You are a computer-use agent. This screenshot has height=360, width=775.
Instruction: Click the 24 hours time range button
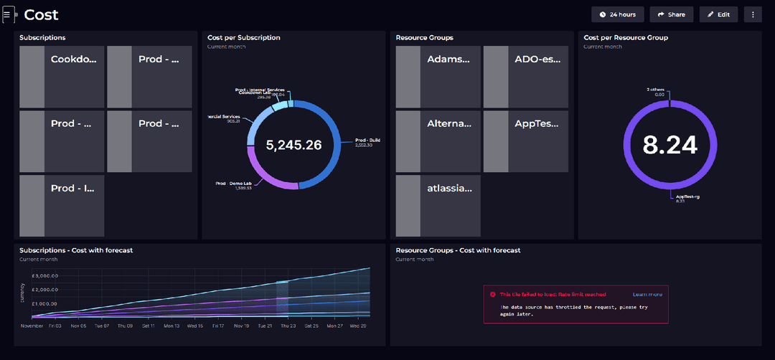[618, 14]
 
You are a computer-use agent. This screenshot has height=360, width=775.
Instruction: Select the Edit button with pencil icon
[718, 14]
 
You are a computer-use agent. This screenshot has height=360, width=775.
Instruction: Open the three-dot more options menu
[752, 14]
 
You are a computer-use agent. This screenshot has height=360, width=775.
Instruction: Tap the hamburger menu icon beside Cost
[7, 14]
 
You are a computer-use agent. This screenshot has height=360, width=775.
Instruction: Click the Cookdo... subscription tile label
[73, 60]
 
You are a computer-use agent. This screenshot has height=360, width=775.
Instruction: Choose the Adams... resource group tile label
[448, 60]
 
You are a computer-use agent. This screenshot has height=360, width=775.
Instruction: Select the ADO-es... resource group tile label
[537, 60]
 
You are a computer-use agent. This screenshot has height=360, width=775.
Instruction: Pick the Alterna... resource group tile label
[449, 123]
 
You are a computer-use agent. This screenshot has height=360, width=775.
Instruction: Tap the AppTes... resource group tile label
[537, 123]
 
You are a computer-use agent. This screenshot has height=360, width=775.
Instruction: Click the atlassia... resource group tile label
[449, 188]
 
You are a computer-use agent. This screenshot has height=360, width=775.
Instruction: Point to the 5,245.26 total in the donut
[293, 145]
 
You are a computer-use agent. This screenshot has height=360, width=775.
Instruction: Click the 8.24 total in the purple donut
[670, 145]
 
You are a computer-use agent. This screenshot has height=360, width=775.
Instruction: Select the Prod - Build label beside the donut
[367, 140]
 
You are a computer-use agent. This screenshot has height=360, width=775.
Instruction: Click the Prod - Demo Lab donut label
[234, 183]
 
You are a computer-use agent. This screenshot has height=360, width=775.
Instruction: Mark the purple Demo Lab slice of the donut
[266, 176]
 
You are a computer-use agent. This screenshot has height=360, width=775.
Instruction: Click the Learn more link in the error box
[647, 294]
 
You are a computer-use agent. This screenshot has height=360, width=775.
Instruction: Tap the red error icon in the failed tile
[493, 294]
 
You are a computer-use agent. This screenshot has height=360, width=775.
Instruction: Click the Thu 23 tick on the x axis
[288, 326]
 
